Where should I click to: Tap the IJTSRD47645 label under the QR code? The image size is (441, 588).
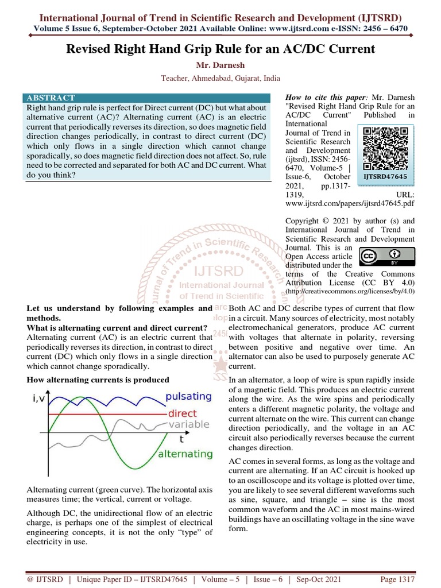pos(386,177)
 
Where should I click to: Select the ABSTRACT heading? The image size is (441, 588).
pos(51,98)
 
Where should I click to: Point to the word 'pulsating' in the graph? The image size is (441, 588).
pos(188,396)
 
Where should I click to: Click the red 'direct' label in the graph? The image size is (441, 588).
pos(182,413)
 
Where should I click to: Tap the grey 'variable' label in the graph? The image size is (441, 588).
pos(184,424)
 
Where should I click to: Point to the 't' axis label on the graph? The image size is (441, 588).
pos(181,439)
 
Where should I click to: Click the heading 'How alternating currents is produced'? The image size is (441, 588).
pos(98,380)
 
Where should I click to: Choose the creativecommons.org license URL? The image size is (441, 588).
pos(350,292)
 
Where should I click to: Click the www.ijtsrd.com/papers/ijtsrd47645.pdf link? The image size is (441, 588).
pos(349,203)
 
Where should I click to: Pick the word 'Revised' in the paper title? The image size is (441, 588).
pos(92,49)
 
